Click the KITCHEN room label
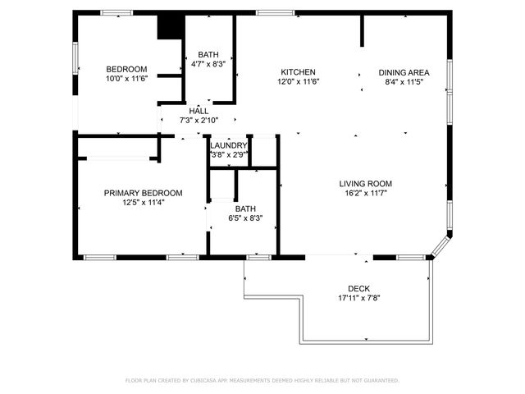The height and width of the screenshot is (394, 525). (298, 72)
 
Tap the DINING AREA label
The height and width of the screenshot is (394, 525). (404, 72)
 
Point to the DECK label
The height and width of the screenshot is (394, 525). (358, 288)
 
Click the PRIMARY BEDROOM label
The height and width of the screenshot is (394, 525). (143, 193)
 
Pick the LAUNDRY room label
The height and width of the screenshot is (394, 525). (229, 145)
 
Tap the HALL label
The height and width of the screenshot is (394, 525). (199, 111)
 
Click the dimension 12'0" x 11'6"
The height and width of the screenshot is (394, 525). (298, 82)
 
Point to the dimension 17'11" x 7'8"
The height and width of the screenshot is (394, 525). (358, 298)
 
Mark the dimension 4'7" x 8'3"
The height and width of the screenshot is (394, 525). (208, 63)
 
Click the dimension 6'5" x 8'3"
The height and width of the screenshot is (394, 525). (245, 218)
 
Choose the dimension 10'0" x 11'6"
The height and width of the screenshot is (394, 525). (126, 78)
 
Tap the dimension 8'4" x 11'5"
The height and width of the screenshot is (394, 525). (404, 82)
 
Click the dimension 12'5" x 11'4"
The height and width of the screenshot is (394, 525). (143, 203)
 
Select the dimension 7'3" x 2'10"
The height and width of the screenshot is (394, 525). (199, 121)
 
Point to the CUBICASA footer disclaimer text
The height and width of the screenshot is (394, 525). (262, 380)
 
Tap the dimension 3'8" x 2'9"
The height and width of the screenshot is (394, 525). (229, 154)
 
